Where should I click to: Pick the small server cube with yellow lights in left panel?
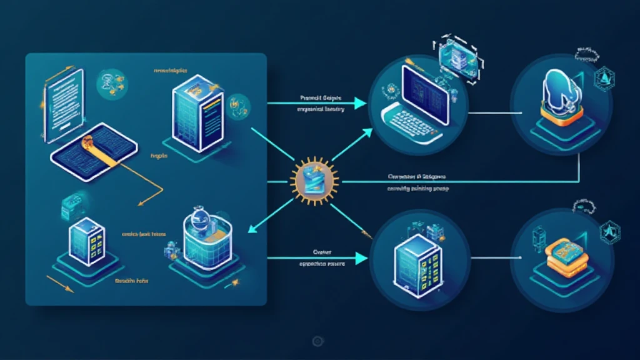click(x=84, y=241)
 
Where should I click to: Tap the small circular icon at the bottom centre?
click(x=317, y=341)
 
